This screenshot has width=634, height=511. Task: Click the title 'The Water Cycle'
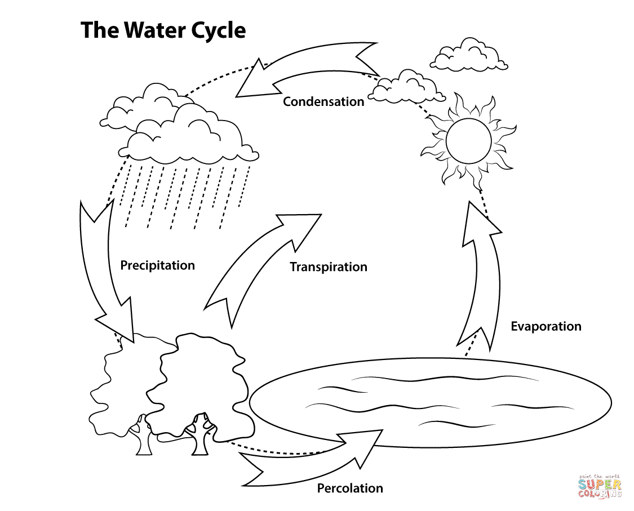163,30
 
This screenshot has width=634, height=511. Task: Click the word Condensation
323,102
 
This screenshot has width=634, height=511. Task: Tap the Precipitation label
157,265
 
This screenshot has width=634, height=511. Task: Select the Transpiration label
328,267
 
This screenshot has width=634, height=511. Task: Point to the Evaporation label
546,326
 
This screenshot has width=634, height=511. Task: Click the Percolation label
349,488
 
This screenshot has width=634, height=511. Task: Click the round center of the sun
469,139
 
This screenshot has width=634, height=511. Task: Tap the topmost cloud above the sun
468,55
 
